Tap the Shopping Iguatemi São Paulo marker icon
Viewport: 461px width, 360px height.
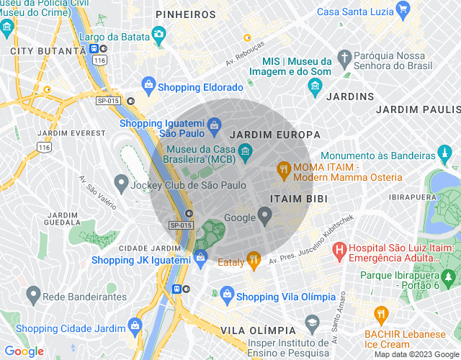click(x=214, y=127)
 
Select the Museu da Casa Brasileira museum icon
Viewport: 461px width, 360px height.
click(x=245, y=150)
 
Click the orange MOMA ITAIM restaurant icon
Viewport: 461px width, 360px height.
click(x=284, y=171)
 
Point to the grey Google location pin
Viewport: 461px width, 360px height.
click(x=265, y=214)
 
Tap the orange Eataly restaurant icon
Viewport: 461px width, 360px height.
click(x=253, y=258)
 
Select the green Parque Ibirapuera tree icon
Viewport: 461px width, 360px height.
click(x=449, y=276)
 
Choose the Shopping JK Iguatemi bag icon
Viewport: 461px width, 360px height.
click(x=200, y=256)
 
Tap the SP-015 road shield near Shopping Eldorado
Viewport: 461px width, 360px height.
click(x=108, y=101)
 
